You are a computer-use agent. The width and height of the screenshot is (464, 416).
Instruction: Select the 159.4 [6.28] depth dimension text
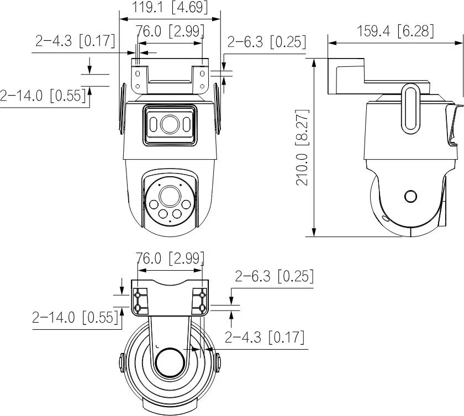[x=395, y=31]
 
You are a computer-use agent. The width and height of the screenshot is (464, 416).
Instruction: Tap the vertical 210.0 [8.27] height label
[x=303, y=147]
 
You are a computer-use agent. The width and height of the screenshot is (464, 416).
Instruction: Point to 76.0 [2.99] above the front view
[x=170, y=31]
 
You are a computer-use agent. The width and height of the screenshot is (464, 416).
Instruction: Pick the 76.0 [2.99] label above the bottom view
[x=170, y=259]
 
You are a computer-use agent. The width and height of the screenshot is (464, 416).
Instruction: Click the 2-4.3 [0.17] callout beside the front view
[x=75, y=41]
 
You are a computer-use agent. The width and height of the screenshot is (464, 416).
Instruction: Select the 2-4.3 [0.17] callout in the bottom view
[x=265, y=336]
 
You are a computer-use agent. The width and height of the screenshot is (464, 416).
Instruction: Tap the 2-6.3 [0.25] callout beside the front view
[x=266, y=42]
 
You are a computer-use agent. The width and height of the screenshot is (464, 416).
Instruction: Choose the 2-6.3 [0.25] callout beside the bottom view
[x=275, y=276]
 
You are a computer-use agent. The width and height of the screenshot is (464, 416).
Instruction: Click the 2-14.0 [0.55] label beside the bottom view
[x=76, y=318]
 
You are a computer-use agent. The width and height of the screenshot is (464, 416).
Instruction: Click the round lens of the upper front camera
[x=169, y=125]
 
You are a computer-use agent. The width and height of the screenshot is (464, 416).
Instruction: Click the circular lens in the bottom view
[x=169, y=364]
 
